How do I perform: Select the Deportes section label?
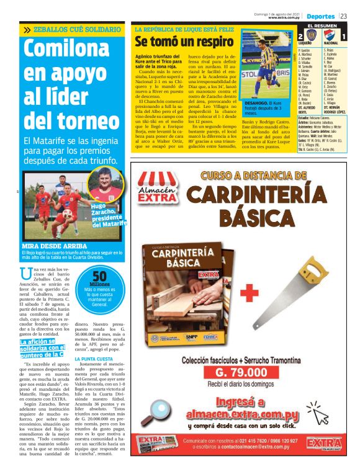[x=320, y=15]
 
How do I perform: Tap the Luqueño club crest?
[x=312, y=37]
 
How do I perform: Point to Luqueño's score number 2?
[x=301, y=37]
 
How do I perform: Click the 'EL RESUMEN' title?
[x=321, y=25]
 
